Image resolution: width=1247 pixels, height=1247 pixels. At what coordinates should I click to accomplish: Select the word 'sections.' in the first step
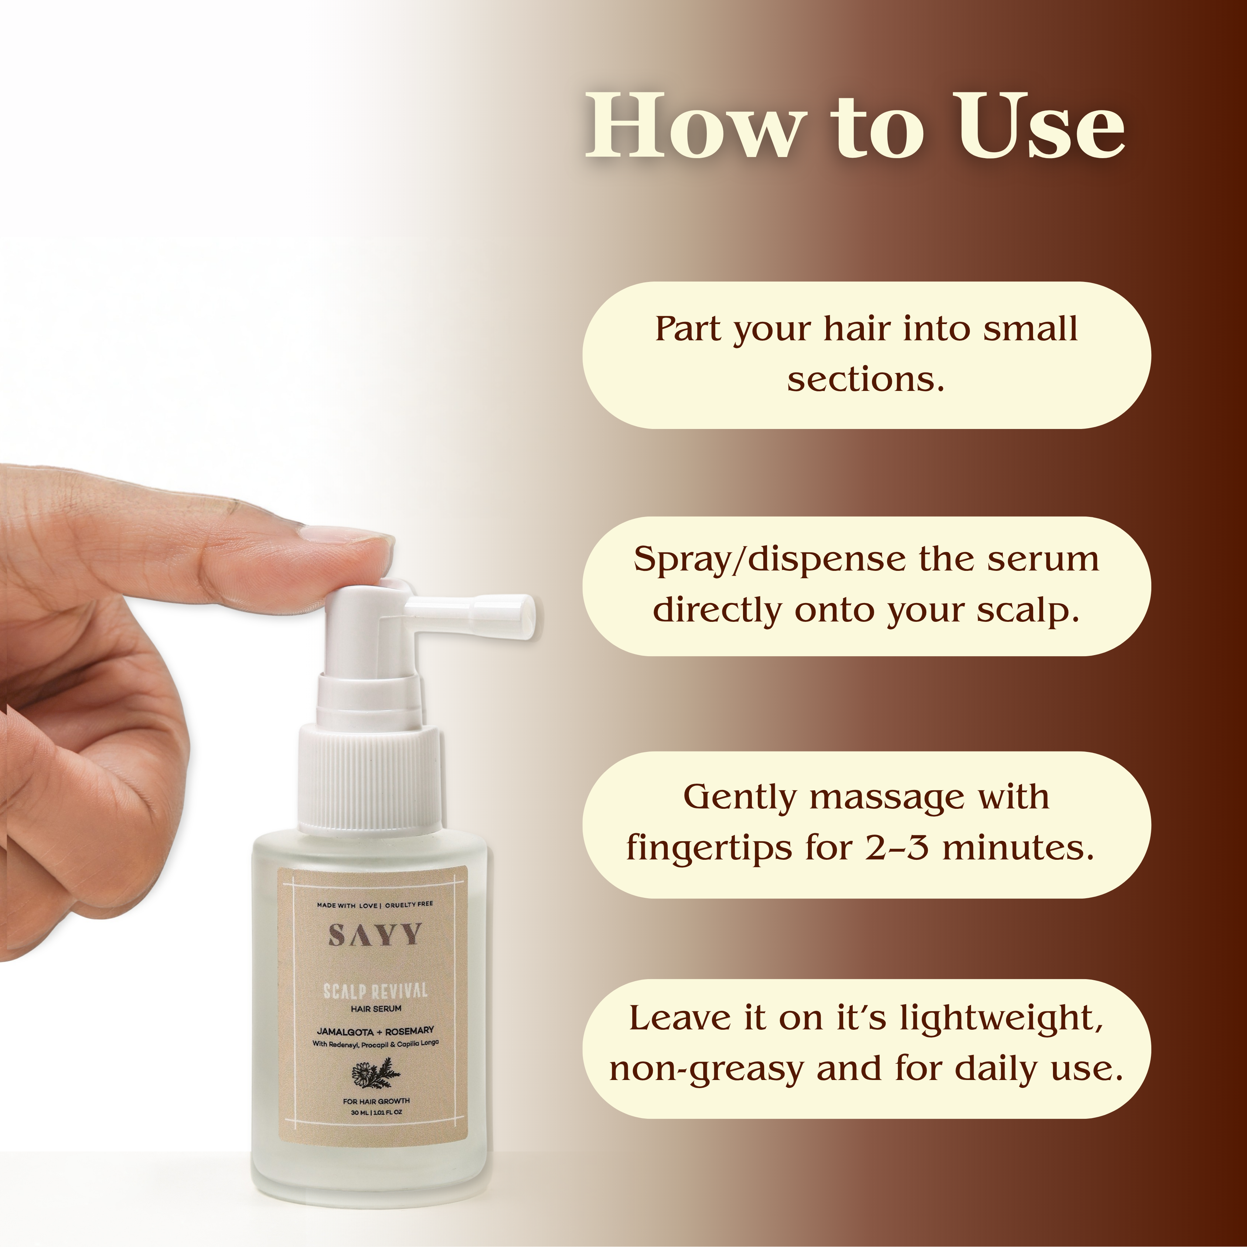click(x=866, y=379)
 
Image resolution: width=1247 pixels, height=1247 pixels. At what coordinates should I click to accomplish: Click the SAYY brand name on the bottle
click(x=375, y=935)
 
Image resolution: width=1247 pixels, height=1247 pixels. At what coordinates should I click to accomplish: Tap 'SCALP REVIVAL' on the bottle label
click(x=375, y=991)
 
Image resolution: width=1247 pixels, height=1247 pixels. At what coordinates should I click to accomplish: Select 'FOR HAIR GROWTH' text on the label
click(x=376, y=1101)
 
